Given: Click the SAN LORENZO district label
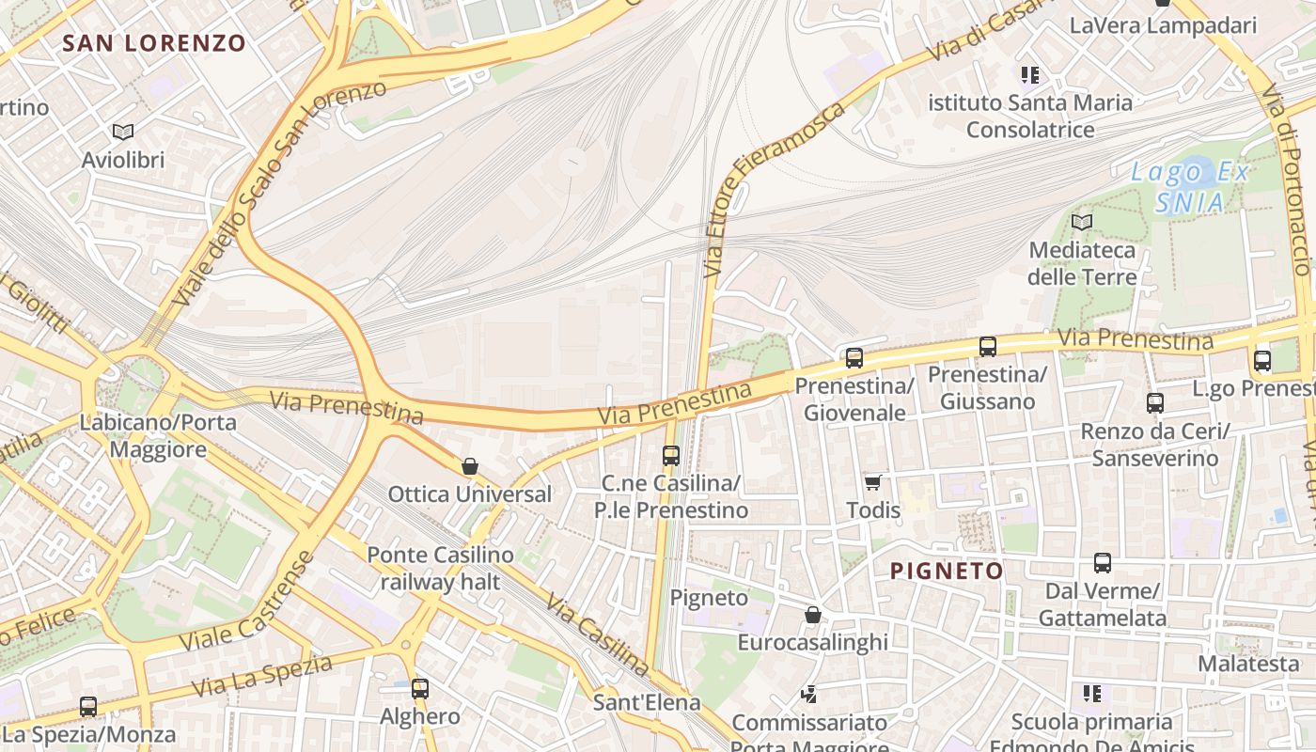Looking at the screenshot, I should pyautogui.click(x=154, y=43).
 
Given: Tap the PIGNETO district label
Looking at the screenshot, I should pyautogui.click(x=947, y=571).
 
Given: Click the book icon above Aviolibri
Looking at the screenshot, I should pyautogui.click(x=123, y=132).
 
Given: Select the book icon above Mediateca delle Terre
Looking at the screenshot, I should pyautogui.click(x=1082, y=222).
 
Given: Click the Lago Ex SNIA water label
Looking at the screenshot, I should pyautogui.click(x=1190, y=187).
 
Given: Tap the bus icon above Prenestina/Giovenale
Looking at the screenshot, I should pyautogui.click(x=854, y=357).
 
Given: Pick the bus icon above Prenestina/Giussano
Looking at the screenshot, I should pyautogui.click(x=987, y=346).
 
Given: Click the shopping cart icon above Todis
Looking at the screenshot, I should pyautogui.click(x=873, y=482).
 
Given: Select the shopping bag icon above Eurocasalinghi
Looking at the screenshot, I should pyautogui.click(x=813, y=615).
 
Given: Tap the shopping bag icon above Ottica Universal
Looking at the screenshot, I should pyautogui.click(x=470, y=466).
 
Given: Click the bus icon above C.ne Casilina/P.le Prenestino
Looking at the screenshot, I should pyautogui.click(x=670, y=455).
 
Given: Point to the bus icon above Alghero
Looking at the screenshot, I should pyautogui.click(x=420, y=688).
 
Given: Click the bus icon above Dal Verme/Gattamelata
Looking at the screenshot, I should pyautogui.click(x=1102, y=563).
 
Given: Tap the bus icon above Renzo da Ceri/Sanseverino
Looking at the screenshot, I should pyautogui.click(x=1154, y=402).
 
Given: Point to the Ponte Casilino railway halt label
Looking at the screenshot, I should pyautogui.click(x=440, y=568).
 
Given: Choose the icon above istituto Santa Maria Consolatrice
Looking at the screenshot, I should pyautogui.click(x=1030, y=74).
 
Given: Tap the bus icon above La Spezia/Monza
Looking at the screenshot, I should pyautogui.click(x=88, y=706).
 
